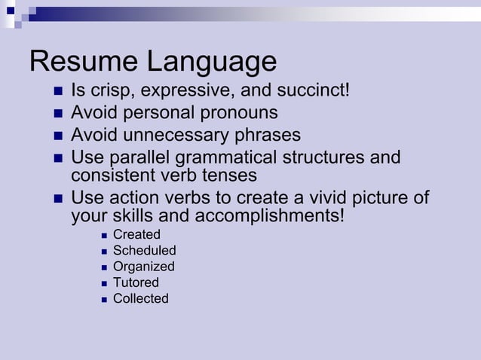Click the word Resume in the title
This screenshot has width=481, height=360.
click(x=82, y=62)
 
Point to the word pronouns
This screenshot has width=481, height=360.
click(x=240, y=114)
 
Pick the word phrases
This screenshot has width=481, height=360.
click(x=268, y=136)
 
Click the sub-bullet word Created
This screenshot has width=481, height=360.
click(x=136, y=235)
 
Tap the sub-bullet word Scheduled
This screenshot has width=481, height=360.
click(x=144, y=251)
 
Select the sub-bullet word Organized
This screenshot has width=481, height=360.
click(x=143, y=267)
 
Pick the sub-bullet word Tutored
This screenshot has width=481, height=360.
click(x=136, y=282)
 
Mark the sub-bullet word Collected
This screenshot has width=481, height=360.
click(x=140, y=298)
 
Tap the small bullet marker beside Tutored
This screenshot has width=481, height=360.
click(x=103, y=283)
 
